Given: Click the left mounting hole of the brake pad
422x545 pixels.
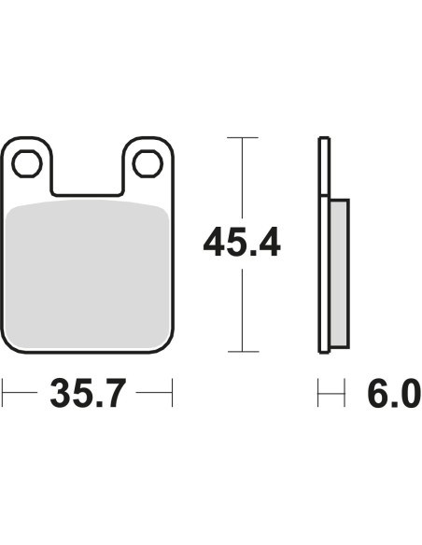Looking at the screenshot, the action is [27, 163].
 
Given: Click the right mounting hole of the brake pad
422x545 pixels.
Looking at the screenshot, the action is [148, 163].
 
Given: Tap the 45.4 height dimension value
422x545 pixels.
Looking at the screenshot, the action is [242, 242].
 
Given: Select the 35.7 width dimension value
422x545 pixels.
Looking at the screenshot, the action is [88, 393].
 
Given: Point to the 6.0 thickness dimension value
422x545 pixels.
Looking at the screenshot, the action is [394, 393].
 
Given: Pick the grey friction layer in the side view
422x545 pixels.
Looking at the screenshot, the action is [339, 273].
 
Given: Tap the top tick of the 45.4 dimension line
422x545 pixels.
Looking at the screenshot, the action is [243, 137].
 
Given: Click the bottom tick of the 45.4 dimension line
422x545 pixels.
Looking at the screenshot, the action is [244, 352].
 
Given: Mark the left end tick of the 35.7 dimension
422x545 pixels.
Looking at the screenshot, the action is [3, 393].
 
